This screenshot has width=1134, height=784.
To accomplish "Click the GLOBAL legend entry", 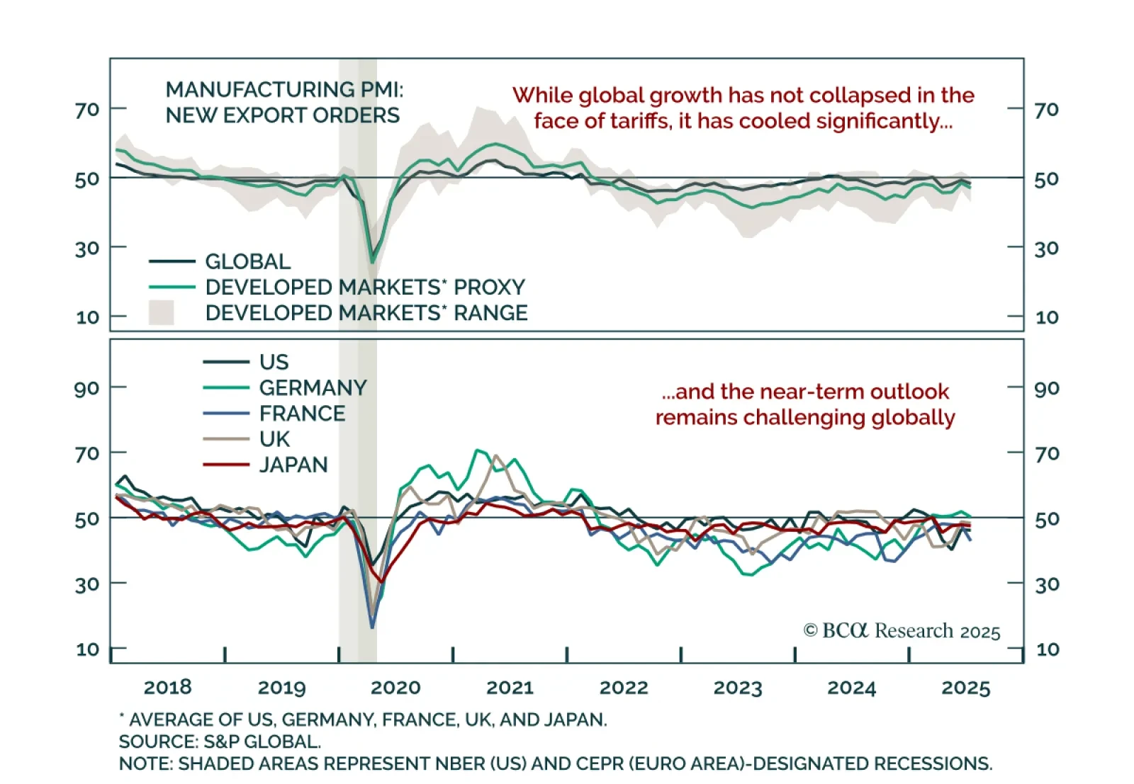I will click(247, 262).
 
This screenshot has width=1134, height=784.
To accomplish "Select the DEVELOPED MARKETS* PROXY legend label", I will click(364, 288).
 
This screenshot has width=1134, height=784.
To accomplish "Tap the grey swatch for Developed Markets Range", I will click(162, 313).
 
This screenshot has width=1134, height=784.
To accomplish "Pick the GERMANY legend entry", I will click(313, 388).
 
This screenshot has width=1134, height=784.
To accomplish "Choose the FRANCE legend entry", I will click(302, 414).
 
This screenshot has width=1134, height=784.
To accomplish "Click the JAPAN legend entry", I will click(293, 465).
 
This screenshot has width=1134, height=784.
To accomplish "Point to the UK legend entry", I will click(274, 439).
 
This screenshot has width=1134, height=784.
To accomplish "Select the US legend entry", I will click(274, 363).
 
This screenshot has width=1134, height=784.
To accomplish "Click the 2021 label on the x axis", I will click(510, 688).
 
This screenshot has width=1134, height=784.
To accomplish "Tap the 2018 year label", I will click(167, 688).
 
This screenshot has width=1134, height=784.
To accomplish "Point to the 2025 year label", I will click(965, 688).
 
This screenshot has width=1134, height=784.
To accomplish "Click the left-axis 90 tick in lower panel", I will click(86, 388).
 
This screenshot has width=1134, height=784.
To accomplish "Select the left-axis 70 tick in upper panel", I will click(87, 110).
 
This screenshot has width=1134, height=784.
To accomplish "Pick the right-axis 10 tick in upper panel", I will click(1047, 317).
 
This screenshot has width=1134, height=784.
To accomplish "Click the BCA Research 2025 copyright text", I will click(902, 631).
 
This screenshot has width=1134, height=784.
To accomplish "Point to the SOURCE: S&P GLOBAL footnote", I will click(220, 742).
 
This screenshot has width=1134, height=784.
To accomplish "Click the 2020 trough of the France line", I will click(372, 626).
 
